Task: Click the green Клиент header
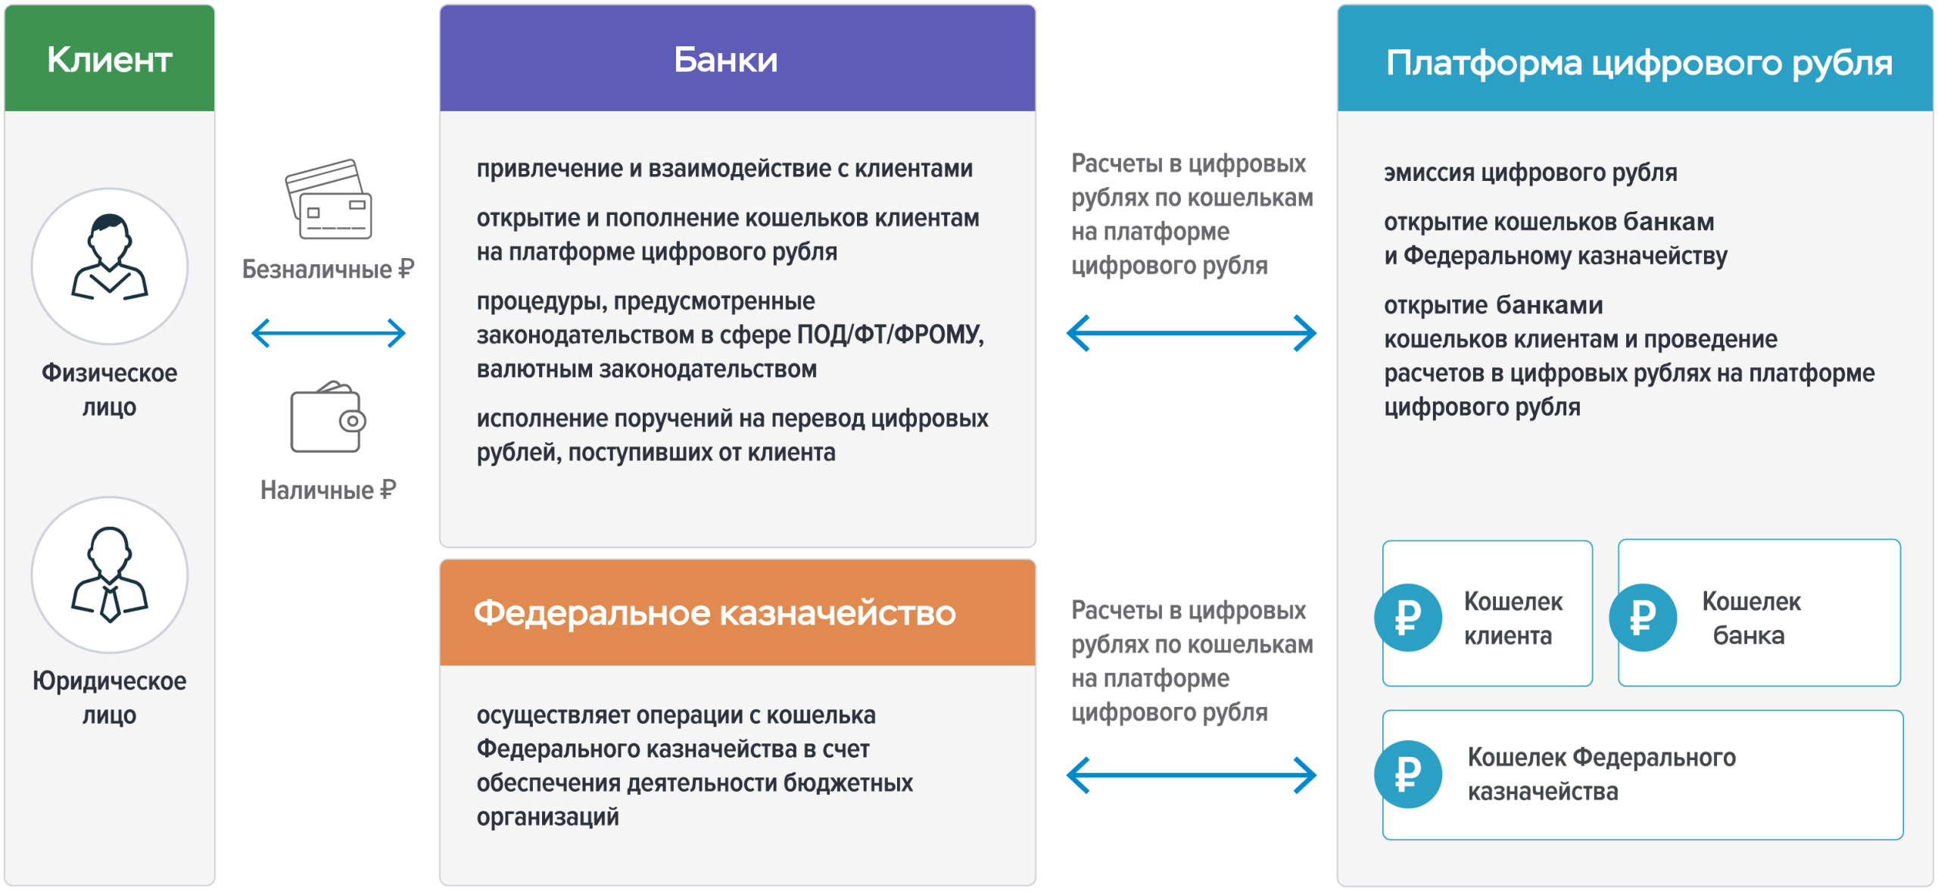point(110,58)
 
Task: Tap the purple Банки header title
point(726,60)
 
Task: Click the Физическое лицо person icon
point(110,258)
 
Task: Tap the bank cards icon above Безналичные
point(329,199)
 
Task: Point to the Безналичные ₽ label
point(329,269)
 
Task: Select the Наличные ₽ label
point(329,490)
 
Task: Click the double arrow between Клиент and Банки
point(329,333)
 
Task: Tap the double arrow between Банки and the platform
point(1192,333)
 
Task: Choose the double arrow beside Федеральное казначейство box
point(1192,775)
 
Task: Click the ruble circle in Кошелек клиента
point(1408,618)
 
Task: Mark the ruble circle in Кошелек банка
point(1643,618)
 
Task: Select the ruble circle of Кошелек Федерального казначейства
point(1408,774)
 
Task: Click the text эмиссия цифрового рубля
point(1531,173)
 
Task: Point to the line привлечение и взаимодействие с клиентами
point(724,168)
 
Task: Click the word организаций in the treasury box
point(547,817)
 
